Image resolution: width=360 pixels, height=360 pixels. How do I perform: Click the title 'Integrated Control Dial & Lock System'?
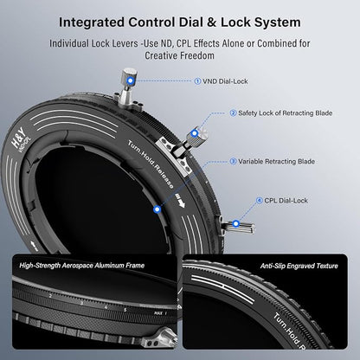[180, 22]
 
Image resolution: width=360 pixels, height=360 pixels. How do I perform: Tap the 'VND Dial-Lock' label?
[225, 81]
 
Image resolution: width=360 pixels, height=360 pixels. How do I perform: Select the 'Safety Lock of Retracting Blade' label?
[285, 113]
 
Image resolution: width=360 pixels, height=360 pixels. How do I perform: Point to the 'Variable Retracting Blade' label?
[276, 162]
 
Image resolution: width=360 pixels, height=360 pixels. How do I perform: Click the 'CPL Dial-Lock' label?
[286, 201]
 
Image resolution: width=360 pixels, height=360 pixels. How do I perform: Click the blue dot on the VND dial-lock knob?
[131, 80]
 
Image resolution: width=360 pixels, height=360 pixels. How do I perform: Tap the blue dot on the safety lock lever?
[195, 133]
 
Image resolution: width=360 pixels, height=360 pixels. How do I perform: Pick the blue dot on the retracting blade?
[157, 209]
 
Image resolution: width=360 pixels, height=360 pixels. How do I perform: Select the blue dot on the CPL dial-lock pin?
[236, 223]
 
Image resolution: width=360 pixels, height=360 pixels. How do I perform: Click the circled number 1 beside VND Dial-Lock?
[197, 81]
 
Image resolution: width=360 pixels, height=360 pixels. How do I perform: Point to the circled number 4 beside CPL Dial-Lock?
[260, 201]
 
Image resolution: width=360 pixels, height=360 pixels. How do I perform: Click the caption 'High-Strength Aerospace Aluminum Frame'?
[82, 266]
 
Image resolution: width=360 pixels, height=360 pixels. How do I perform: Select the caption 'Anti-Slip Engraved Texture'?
[299, 266]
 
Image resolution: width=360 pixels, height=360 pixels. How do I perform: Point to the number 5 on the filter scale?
[125, 310]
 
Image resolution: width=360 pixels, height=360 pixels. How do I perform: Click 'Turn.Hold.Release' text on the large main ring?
[151, 164]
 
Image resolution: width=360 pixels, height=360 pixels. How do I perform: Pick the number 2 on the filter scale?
[50, 296]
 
